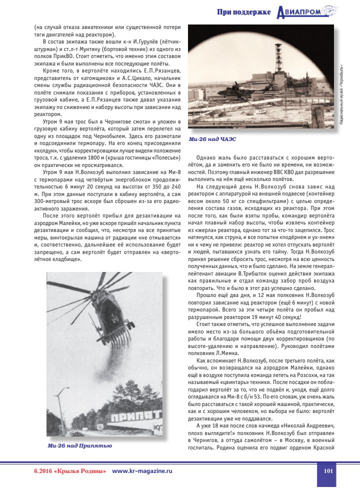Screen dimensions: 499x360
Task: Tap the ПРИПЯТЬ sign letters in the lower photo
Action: pyautogui.click(x=135, y=415)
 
